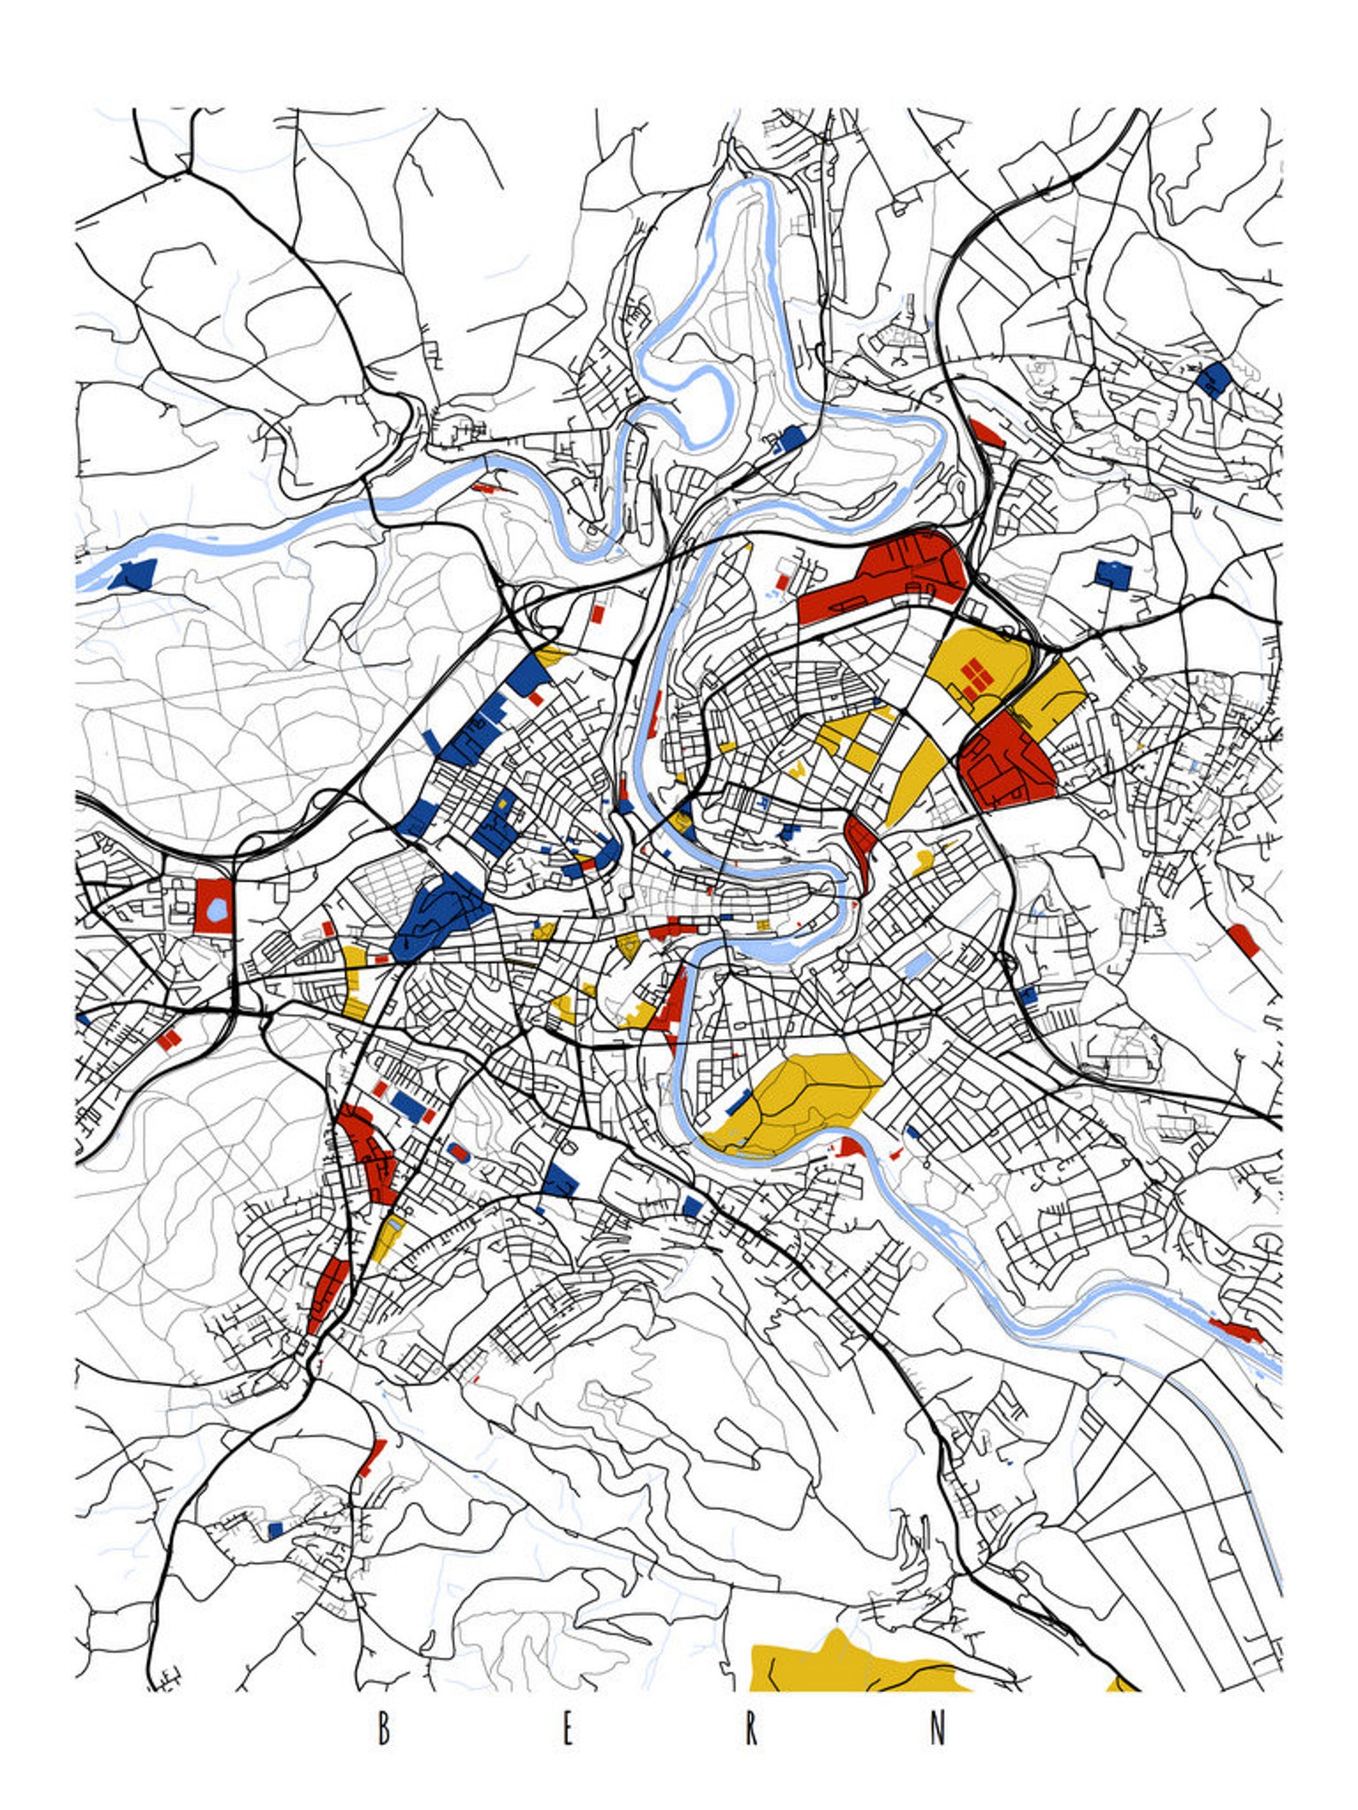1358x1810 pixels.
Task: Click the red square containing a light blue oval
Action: (213, 905)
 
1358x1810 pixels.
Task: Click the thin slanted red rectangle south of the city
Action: (372, 1459)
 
